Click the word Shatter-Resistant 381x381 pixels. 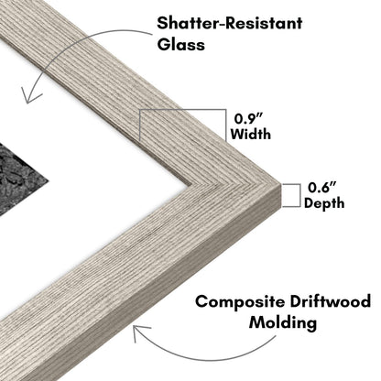(x=230, y=23)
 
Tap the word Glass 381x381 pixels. (x=180, y=45)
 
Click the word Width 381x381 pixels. (x=250, y=134)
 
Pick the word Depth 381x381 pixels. (x=324, y=203)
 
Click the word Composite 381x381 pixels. (x=240, y=302)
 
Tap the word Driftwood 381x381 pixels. (x=331, y=301)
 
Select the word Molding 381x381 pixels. (x=283, y=322)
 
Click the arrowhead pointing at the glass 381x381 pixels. (x=29, y=96)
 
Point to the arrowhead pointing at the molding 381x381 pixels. (x=140, y=332)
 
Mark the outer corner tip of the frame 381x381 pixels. (x=280, y=184)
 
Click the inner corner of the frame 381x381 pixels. (x=190, y=183)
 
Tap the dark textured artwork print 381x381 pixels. (x=19, y=178)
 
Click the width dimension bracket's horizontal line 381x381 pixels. (x=182, y=110)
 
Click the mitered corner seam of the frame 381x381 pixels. (x=235, y=183)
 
